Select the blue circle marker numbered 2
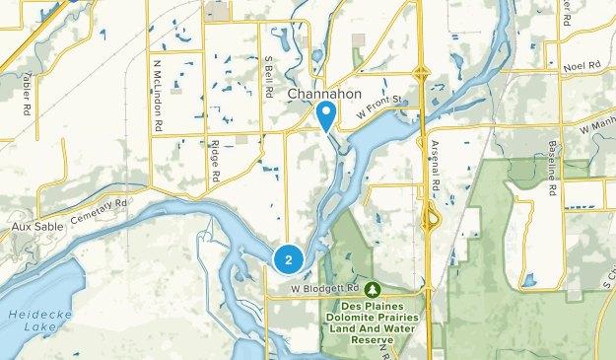tap(287, 260)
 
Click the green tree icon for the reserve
tap(374, 289)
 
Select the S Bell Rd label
tap(268, 76)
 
